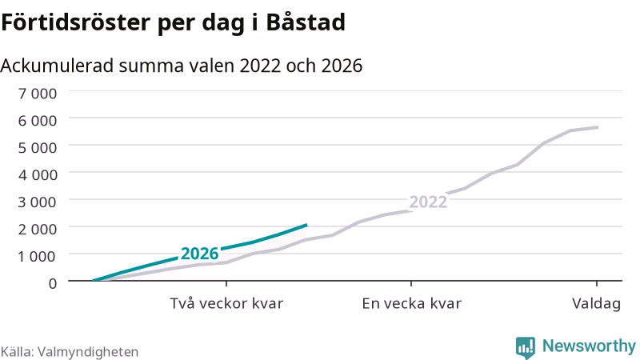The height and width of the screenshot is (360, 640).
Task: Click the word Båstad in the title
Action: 306,22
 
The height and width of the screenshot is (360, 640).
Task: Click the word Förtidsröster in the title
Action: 75,22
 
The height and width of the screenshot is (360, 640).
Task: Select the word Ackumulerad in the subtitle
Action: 57,66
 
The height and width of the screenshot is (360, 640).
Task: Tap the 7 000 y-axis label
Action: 38,94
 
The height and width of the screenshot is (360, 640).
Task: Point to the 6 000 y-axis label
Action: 38,121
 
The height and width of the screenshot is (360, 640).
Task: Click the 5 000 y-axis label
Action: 38,147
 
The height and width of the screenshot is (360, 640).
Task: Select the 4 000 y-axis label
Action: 38,174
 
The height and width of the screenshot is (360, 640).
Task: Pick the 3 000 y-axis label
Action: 38,202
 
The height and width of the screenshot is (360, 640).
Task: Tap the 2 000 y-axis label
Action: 38,229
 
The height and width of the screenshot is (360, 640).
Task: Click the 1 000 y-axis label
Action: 38,256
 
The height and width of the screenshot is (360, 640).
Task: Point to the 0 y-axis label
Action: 53,283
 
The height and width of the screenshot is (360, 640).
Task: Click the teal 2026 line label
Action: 199,254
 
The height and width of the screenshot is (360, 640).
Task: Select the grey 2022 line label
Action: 428,202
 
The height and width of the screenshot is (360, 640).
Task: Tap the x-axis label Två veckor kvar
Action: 226,304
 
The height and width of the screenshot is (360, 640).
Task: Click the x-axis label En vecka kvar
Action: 411,304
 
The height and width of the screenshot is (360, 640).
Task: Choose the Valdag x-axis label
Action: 596,304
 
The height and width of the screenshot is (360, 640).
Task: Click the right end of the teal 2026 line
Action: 306,225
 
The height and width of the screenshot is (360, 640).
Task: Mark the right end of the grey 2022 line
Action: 598,127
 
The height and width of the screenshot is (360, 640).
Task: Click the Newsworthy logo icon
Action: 526,348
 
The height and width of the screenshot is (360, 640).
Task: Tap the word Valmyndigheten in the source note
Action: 88,352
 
